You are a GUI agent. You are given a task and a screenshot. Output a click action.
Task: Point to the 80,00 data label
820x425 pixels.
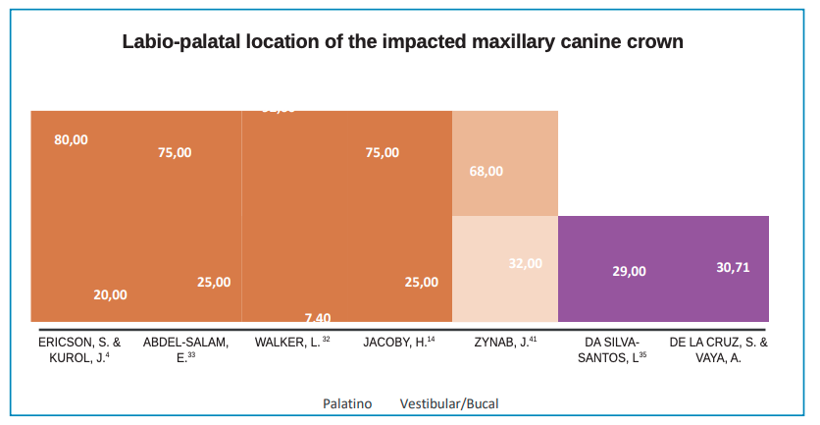coord(71,139)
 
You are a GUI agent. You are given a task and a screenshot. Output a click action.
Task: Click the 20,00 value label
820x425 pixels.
coord(110,293)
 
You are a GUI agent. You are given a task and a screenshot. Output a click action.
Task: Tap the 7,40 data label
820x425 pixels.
coord(318,317)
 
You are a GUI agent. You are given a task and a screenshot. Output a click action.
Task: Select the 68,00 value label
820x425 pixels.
coord(487,171)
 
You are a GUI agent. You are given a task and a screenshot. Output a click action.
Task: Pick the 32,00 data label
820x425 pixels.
coord(525,263)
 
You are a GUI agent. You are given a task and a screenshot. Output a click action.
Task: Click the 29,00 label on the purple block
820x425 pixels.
coord(629,271)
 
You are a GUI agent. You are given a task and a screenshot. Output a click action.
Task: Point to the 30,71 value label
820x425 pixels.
coord(733,266)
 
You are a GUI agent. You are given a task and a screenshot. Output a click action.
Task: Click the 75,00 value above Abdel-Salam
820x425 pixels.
coord(175,152)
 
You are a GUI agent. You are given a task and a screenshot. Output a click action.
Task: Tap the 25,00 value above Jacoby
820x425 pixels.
coord(422,282)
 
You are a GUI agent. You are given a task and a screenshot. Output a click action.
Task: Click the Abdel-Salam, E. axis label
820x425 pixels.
coord(185,350)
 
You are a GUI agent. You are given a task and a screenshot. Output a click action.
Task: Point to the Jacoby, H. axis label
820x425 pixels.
coord(398,343)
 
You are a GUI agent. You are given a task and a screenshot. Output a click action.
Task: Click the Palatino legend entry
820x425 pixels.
coord(347,403)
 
